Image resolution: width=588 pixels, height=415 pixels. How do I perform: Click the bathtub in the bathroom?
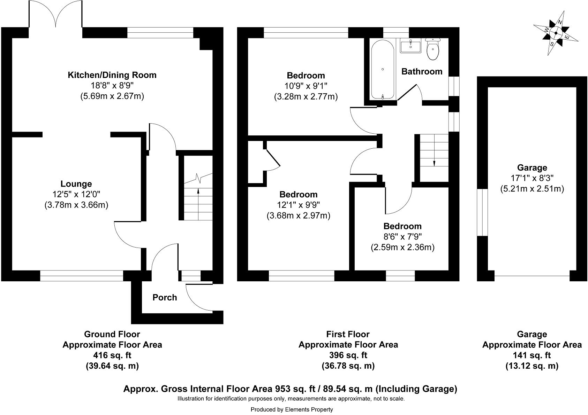pyautogui.click(x=383, y=70)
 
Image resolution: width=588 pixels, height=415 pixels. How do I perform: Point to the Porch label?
pyautogui.click(x=165, y=298)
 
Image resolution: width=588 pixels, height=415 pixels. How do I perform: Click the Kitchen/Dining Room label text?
pyautogui.click(x=112, y=75)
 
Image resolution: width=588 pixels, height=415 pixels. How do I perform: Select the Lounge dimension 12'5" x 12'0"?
pyautogui.click(x=76, y=195)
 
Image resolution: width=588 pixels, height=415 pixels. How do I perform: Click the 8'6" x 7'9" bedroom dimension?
pyautogui.click(x=402, y=237)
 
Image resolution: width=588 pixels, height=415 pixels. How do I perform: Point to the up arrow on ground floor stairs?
pyautogui.click(x=198, y=190)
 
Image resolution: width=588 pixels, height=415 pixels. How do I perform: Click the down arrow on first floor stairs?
pyautogui.click(x=434, y=163)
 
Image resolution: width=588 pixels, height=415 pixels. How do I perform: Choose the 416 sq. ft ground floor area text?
pyautogui.click(x=112, y=355)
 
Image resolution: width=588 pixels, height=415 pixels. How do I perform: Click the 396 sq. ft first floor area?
pyautogui.click(x=348, y=355)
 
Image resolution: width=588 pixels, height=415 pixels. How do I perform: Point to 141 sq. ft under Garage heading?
pyautogui.click(x=532, y=355)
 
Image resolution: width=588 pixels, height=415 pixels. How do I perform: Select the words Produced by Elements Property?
pyautogui.click(x=292, y=409)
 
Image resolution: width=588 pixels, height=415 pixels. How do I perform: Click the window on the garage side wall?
pyautogui.click(x=482, y=212)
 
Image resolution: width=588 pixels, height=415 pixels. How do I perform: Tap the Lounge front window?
pyautogui.click(x=81, y=276)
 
